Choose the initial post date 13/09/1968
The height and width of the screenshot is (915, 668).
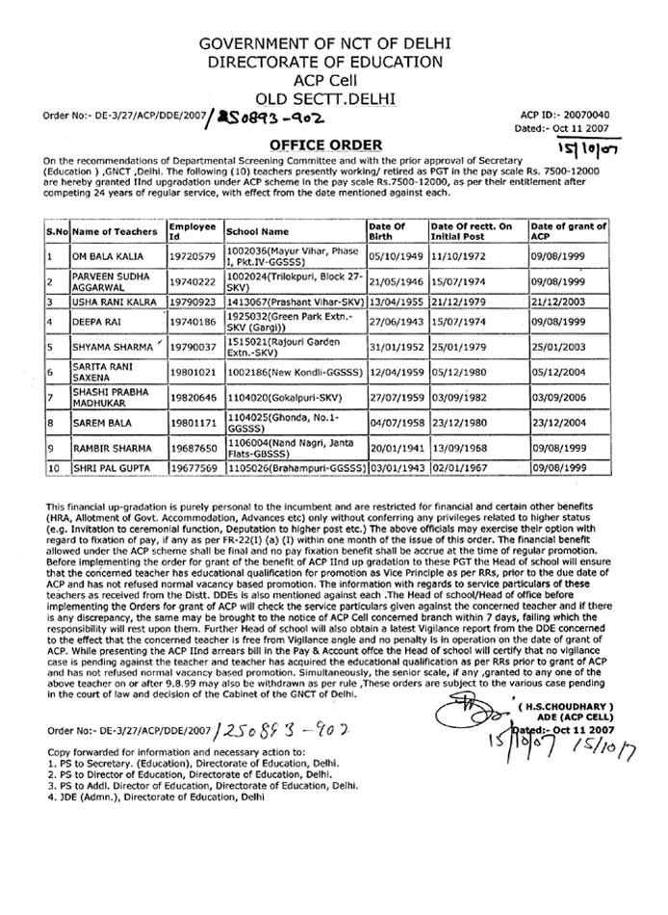pyautogui.click(x=458, y=447)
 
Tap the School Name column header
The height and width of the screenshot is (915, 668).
pyautogui.click(x=256, y=232)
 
